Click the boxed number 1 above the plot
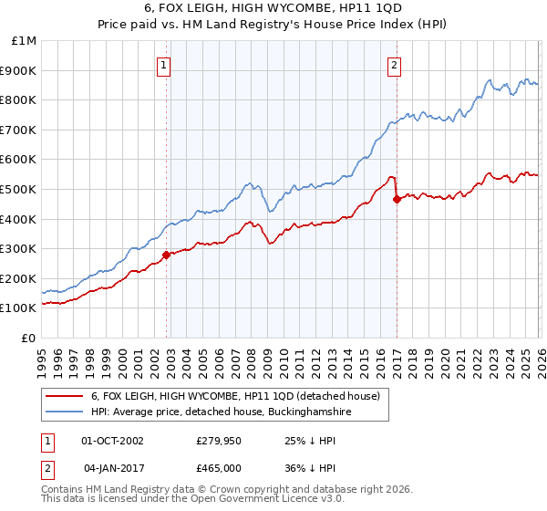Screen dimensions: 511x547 coord(163,64)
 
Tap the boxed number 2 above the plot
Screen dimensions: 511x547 coord(394,64)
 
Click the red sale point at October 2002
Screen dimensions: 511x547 coord(166,255)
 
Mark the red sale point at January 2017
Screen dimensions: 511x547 coord(396,200)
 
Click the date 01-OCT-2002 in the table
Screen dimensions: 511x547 coord(112,440)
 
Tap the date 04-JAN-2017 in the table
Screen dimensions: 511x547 coord(112,467)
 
